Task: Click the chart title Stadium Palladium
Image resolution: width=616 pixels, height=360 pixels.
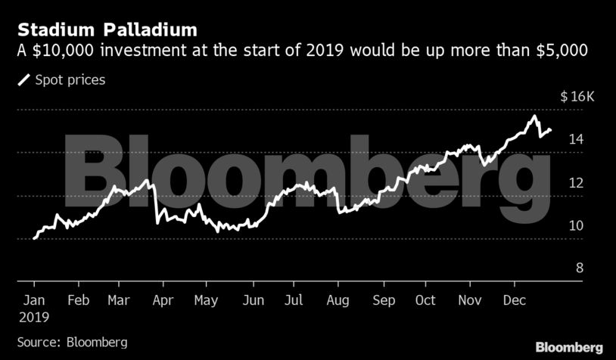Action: [x=107, y=31]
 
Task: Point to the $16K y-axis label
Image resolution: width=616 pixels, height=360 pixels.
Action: [x=579, y=97]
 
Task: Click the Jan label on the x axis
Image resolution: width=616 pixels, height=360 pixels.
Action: [x=34, y=299]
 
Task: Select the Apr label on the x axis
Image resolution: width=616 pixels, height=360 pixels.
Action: [x=163, y=299]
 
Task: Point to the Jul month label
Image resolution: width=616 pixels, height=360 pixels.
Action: [x=295, y=299]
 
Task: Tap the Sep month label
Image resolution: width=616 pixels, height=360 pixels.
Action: [x=384, y=299]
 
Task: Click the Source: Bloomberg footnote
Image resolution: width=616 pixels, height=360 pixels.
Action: [x=73, y=341]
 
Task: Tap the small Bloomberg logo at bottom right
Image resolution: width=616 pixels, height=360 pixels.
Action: [x=569, y=347]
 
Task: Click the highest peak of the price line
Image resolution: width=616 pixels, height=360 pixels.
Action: [x=534, y=116]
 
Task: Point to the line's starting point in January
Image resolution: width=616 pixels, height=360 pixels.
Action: [x=34, y=238]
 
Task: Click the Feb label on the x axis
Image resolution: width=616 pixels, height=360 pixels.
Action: [x=79, y=299]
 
